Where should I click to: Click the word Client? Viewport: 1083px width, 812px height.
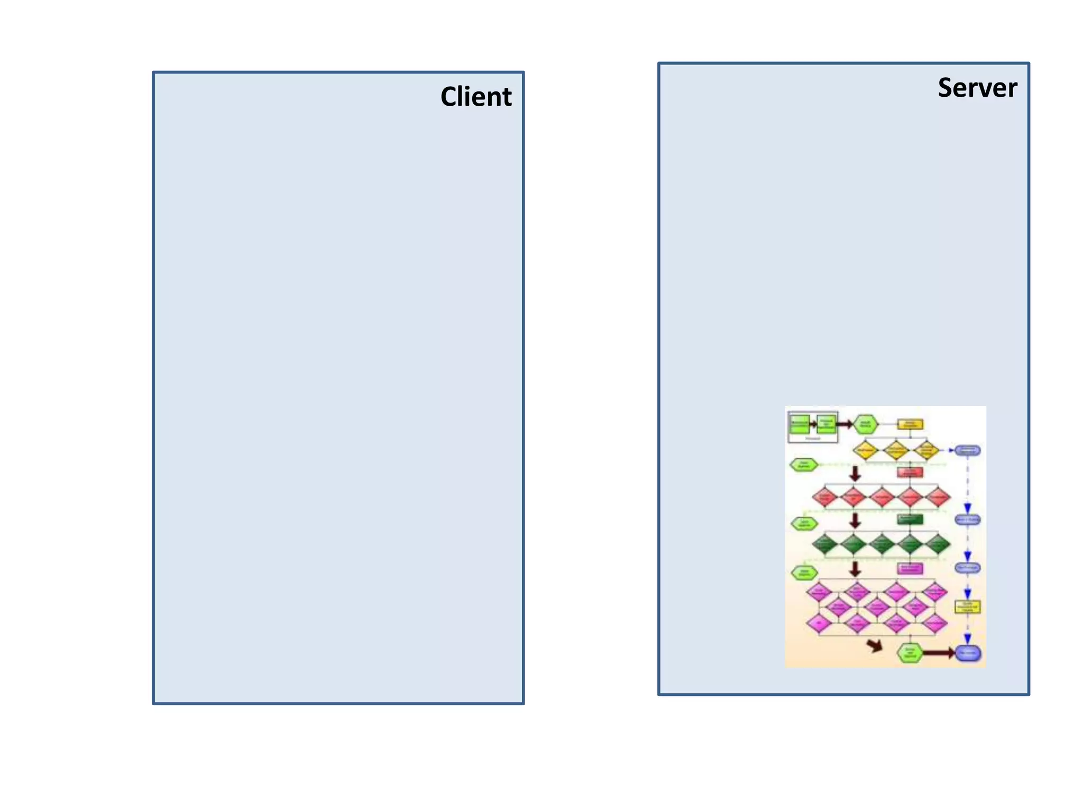click(476, 97)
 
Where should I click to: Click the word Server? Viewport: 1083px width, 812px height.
click(977, 88)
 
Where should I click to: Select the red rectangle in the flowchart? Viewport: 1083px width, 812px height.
click(910, 472)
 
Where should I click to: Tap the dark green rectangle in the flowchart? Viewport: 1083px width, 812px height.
click(910, 519)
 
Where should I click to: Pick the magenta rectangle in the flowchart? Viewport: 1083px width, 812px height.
click(910, 568)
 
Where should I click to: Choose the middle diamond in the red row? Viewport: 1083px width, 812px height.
click(882, 497)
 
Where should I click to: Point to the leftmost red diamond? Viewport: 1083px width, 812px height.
click(825, 497)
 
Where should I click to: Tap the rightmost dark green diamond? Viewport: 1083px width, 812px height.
click(937, 543)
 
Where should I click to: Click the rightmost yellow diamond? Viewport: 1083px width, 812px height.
click(926, 450)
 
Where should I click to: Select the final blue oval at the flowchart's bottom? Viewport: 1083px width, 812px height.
click(968, 653)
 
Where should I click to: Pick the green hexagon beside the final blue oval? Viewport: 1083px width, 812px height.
click(910, 653)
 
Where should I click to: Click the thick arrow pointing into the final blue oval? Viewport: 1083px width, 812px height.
click(938, 653)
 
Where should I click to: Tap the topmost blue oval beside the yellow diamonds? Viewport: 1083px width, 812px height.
click(967, 450)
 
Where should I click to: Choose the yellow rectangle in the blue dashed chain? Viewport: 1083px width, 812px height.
click(967, 607)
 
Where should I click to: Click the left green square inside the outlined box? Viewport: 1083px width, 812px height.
click(799, 423)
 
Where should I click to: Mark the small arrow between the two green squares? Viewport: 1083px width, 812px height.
click(813, 423)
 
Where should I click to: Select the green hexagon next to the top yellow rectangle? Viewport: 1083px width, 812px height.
click(866, 424)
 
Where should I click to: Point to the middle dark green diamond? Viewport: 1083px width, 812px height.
click(882, 543)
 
